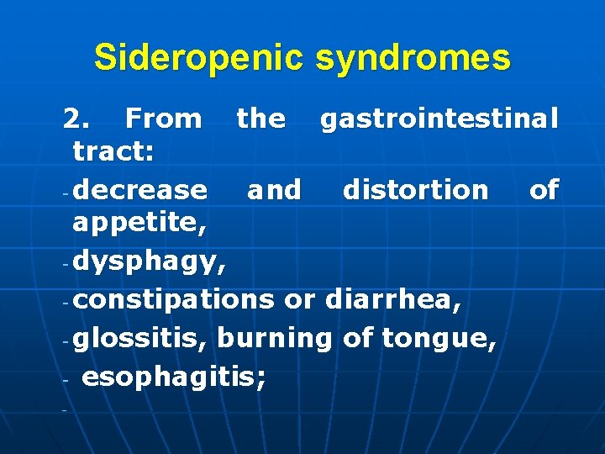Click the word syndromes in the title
(413, 58)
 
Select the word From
(161, 119)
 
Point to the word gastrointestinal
(439, 119)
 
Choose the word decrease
(139, 190)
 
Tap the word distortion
(415, 190)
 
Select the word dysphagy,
(150, 263)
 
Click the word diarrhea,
(392, 298)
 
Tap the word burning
(277, 338)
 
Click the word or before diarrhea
(299, 299)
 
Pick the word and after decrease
(274, 190)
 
